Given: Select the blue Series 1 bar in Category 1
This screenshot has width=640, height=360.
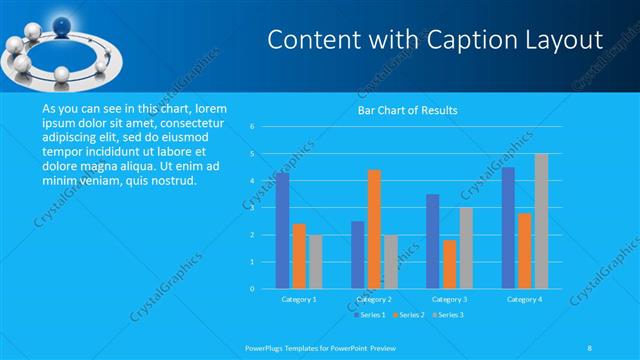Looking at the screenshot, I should click(x=283, y=231).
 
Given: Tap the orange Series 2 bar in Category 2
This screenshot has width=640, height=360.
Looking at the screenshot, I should click(x=374, y=229).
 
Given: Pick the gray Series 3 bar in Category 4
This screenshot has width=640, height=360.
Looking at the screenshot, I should click(x=541, y=221).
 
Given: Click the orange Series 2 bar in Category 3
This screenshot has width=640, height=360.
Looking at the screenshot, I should click(x=450, y=264).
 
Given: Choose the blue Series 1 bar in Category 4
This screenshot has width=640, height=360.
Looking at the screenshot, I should click(x=509, y=228).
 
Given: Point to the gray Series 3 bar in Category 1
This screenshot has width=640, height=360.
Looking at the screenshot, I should click(x=315, y=262).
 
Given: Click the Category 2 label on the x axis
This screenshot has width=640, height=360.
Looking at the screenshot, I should click(x=373, y=299).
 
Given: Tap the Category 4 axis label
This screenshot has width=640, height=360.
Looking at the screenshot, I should click(x=524, y=299).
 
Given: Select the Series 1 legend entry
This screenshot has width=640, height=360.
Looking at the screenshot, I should click(x=370, y=315).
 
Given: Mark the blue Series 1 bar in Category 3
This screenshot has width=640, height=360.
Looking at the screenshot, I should click(x=433, y=241).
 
